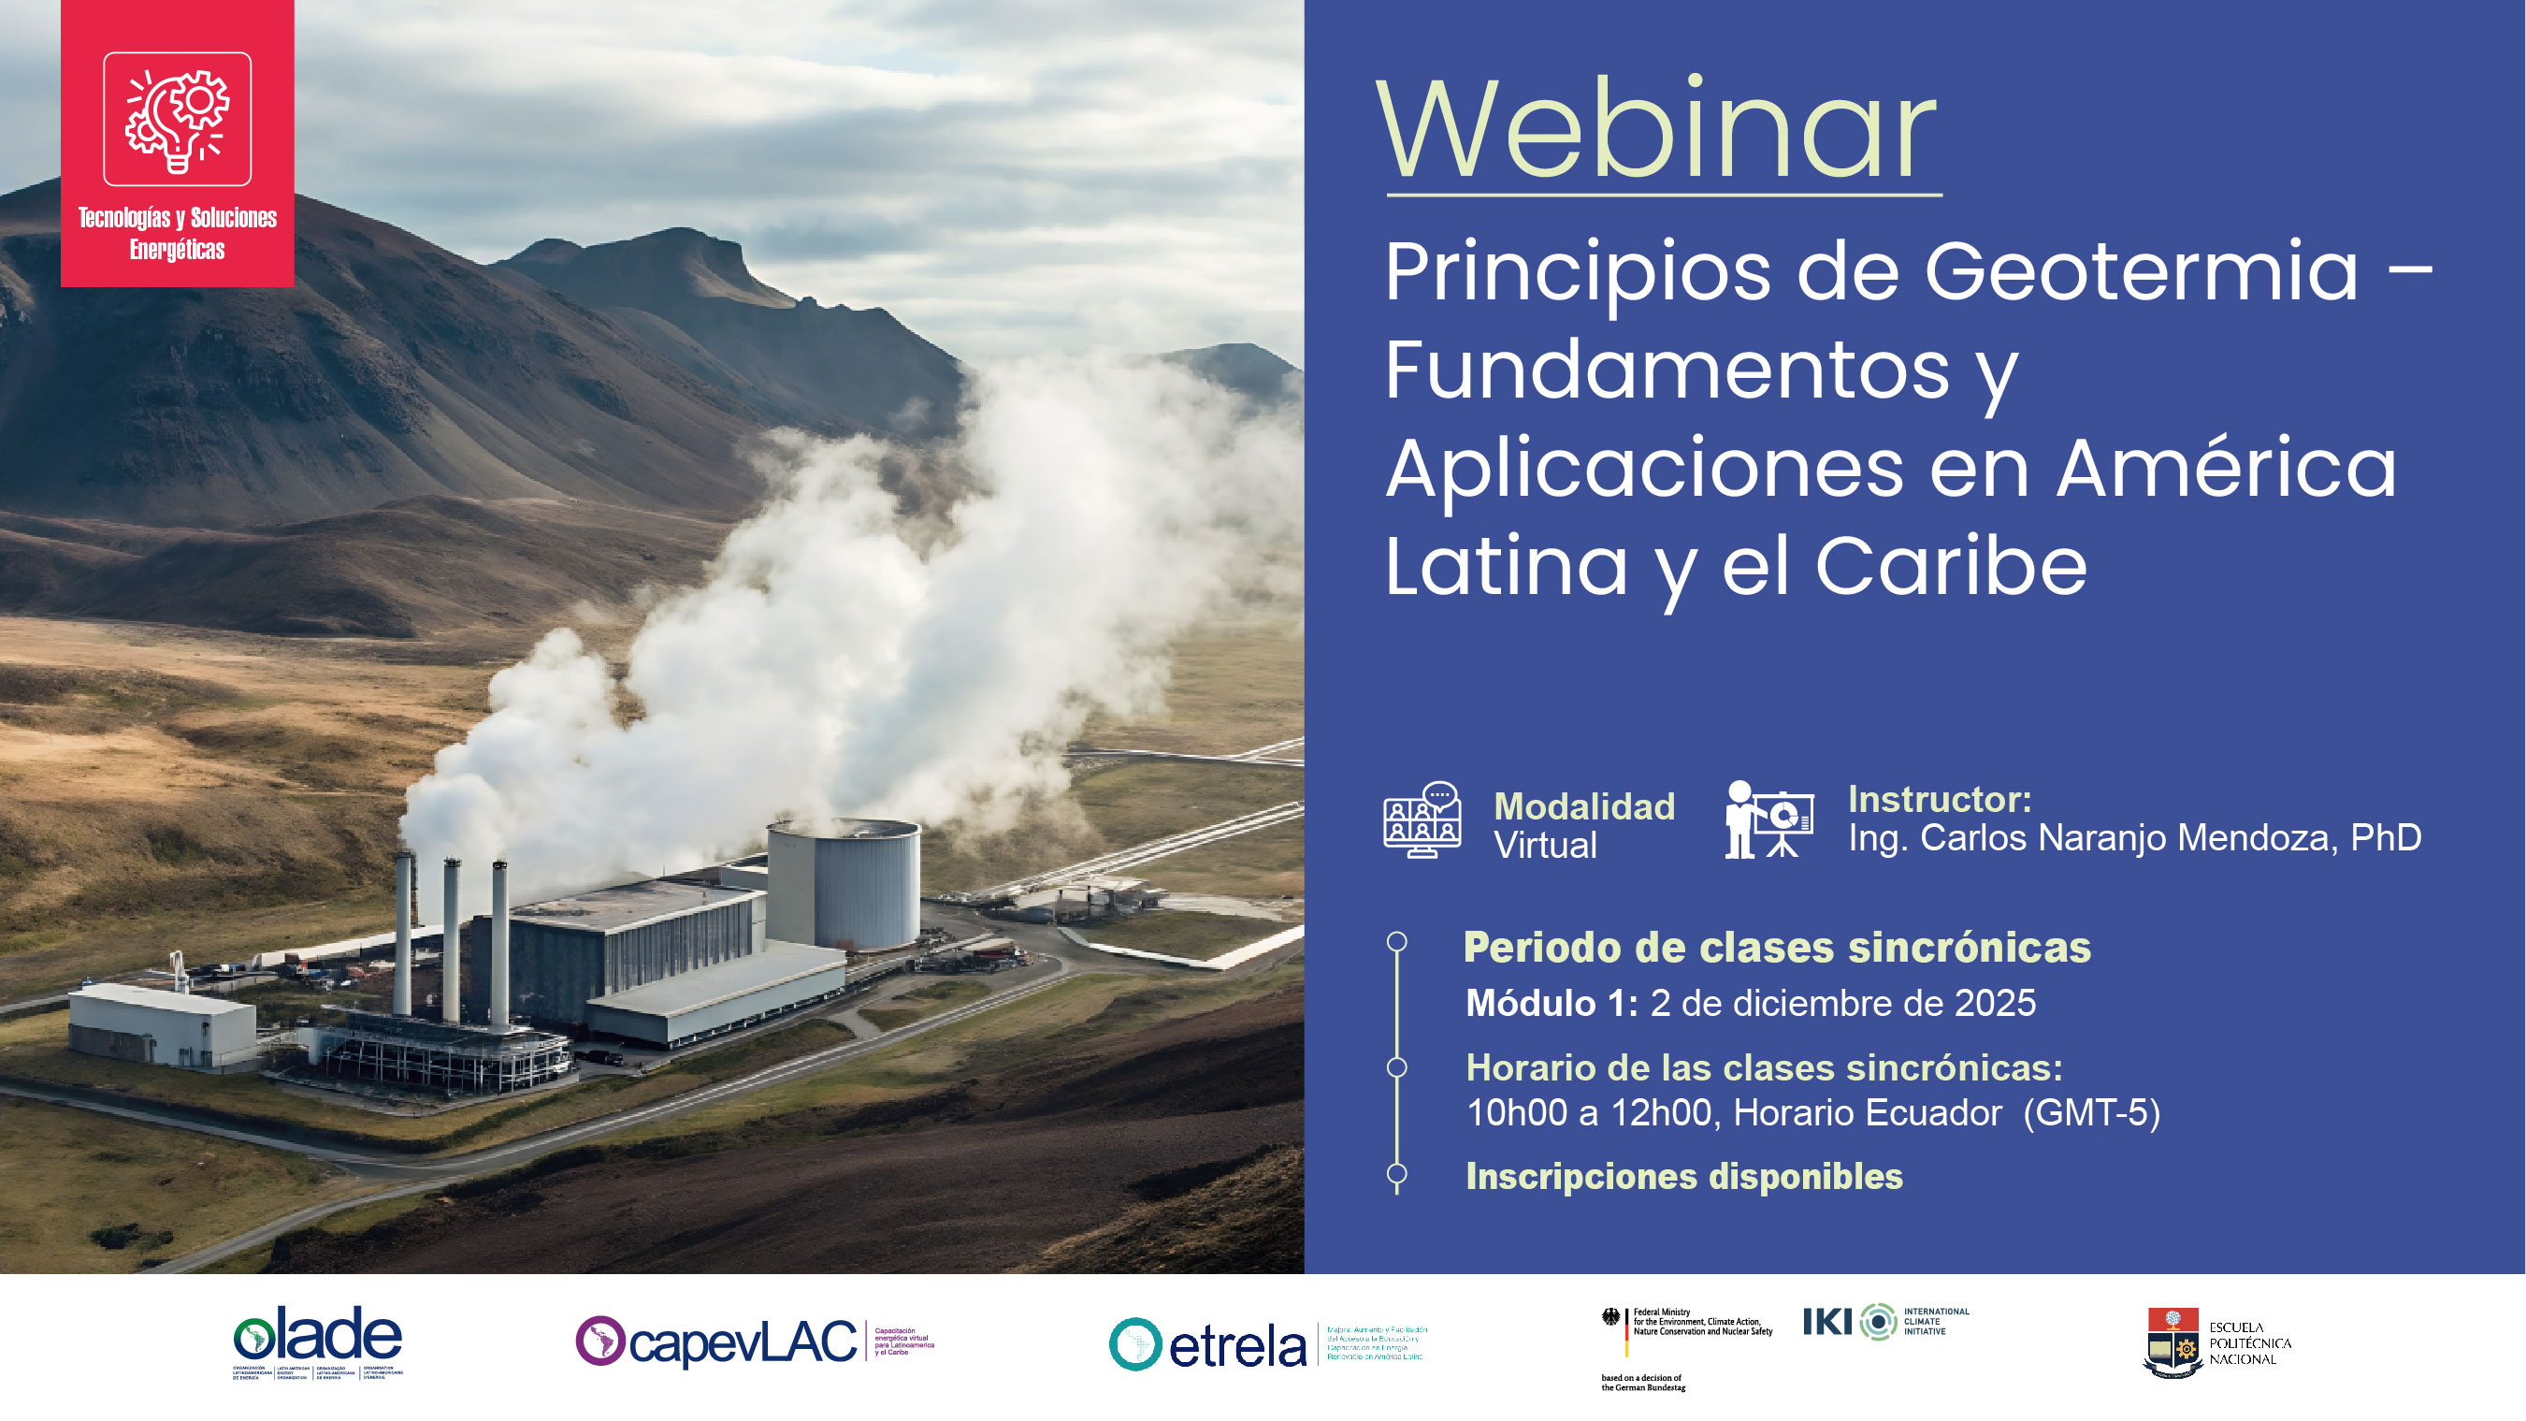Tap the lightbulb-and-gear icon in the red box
point(178,120)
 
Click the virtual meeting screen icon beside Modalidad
point(1422,819)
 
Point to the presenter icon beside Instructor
point(1768,819)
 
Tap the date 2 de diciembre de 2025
point(1842,1003)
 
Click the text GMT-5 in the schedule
point(2092,1113)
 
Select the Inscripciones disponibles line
point(1683,1176)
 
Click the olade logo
point(318,1340)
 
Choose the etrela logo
point(1209,1344)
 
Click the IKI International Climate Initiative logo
point(1883,1322)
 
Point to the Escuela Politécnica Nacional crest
point(2172,1343)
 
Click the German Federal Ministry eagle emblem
point(1610,1317)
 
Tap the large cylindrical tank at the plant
point(844,882)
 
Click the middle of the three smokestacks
point(451,941)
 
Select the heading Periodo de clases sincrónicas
point(1777,948)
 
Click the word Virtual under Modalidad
point(1544,846)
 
